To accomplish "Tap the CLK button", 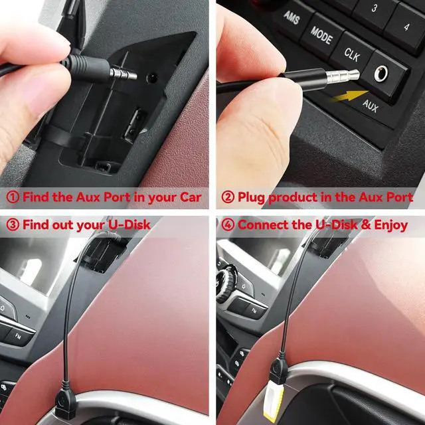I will [x=352, y=52].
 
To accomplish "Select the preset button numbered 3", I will [x=375, y=8].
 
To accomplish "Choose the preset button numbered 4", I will [x=406, y=27].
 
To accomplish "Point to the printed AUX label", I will [x=371, y=105].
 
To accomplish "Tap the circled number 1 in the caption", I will [x=13, y=197].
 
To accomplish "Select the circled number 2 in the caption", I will [x=228, y=197].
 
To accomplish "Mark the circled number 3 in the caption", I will [x=13, y=224].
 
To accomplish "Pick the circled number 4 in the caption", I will [x=228, y=224].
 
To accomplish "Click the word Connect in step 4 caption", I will [x=264, y=224].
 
